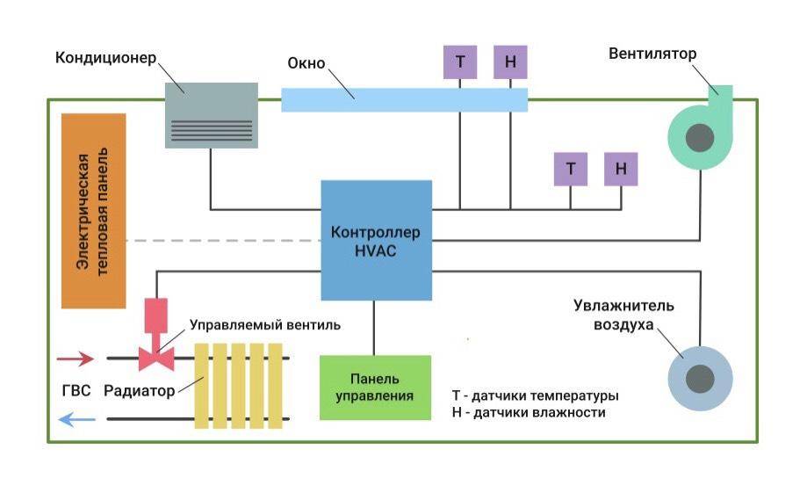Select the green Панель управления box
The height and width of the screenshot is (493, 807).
click(375, 388)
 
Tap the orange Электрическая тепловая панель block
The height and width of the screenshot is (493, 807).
click(93, 211)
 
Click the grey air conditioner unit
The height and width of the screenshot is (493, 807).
click(212, 115)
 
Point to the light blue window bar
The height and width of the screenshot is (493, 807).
click(404, 99)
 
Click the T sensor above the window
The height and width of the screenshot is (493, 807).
click(460, 62)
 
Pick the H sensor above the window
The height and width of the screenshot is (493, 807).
click(510, 62)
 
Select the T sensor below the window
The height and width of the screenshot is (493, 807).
click(571, 169)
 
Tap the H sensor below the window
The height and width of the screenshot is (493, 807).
click(621, 169)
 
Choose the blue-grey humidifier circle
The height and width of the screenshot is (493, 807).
click(700, 379)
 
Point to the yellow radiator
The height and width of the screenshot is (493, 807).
click(241, 386)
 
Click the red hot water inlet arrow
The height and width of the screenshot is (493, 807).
click(75, 358)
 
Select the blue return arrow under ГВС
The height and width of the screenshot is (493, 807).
click(75, 420)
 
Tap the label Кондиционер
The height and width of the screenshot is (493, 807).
click(105, 58)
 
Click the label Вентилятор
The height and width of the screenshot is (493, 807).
click(652, 54)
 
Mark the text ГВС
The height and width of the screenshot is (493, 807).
click(76, 391)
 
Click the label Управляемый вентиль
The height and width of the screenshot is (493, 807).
click(264, 324)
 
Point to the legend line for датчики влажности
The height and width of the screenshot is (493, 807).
click(529, 412)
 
